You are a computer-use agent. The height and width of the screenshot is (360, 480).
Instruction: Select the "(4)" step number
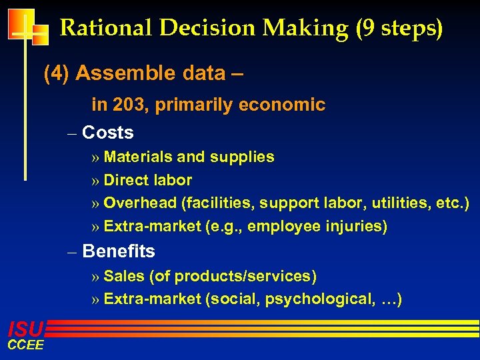[57, 73]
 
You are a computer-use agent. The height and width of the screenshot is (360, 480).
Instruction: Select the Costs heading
[108, 133]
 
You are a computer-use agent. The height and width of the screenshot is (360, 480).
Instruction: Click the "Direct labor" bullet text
[148, 180]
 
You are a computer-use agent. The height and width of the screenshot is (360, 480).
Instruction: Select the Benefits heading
[119, 251]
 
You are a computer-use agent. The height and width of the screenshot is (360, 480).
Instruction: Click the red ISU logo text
[25, 328]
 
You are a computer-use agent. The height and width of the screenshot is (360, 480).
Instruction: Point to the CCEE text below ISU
[25, 344]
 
